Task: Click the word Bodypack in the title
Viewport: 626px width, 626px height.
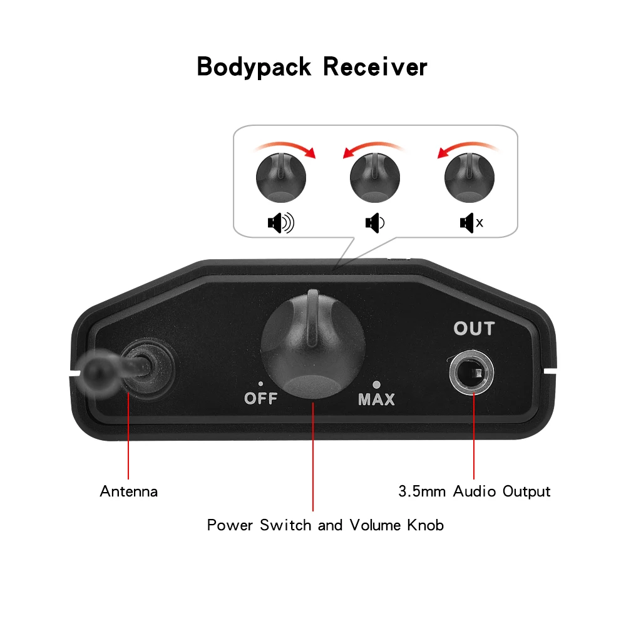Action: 254,67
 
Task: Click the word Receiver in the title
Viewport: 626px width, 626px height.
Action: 375,67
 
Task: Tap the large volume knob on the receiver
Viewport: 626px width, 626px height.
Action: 312,347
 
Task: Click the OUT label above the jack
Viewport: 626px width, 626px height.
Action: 474,329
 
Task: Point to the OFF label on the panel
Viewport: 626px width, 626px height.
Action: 260,399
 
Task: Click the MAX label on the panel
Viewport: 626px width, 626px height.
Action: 376,399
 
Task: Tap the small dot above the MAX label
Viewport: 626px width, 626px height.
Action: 376,384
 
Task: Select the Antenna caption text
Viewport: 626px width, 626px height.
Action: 129,491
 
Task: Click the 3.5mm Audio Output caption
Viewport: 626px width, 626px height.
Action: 475,491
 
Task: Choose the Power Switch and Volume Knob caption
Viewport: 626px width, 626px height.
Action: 326,525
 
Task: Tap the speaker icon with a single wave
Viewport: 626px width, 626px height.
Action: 375,223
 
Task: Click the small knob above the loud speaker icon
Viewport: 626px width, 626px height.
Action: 280,178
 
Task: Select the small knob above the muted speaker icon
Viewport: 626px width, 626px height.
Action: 469,178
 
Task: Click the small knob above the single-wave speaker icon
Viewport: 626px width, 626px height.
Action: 374,178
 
